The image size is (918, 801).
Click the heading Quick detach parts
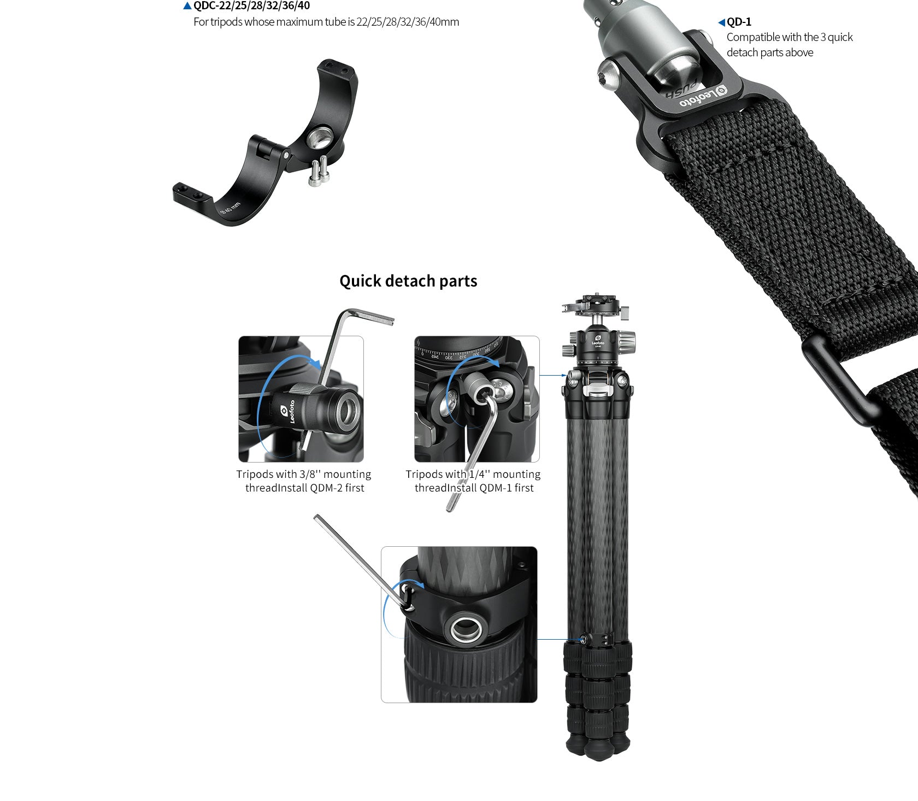tap(408, 281)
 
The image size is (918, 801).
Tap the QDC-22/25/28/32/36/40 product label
tap(251, 6)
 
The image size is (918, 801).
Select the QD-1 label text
tap(739, 22)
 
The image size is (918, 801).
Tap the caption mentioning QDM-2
tap(304, 481)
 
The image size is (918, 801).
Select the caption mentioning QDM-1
tap(473, 481)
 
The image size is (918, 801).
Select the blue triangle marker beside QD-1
tap(721, 22)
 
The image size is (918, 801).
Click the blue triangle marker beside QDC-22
tap(187, 6)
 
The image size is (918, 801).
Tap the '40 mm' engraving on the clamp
tap(230, 208)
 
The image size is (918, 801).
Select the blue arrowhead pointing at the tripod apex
tap(563, 376)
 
